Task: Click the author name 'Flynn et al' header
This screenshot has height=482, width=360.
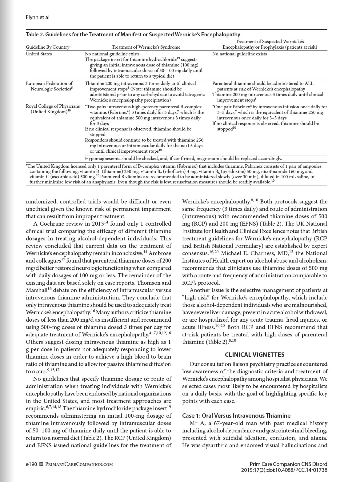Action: [x=38, y=17]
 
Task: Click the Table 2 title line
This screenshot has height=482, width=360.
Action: [x=133, y=34]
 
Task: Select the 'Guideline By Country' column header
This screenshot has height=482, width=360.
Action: [x=48, y=47]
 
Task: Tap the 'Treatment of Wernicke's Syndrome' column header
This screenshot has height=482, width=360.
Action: [x=146, y=47]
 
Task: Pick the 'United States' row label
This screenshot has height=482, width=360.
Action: [x=39, y=54]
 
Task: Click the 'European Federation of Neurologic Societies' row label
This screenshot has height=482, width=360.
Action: [x=49, y=86]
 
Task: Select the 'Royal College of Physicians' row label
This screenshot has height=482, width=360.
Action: [x=53, y=106]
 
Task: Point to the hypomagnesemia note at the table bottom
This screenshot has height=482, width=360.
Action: [x=183, y=159]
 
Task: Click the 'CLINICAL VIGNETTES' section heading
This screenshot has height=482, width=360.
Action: [x=254, y=355]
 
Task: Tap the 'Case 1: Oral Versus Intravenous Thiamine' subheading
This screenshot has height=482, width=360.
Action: [x=236, y=416]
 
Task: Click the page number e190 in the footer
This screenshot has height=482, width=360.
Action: [x=31, y=464]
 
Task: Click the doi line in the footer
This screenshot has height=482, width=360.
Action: [x=284, y=470]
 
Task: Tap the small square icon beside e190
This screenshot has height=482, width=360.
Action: [x=42, y=464]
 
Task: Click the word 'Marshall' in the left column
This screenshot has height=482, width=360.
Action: [x=36, y=290]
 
